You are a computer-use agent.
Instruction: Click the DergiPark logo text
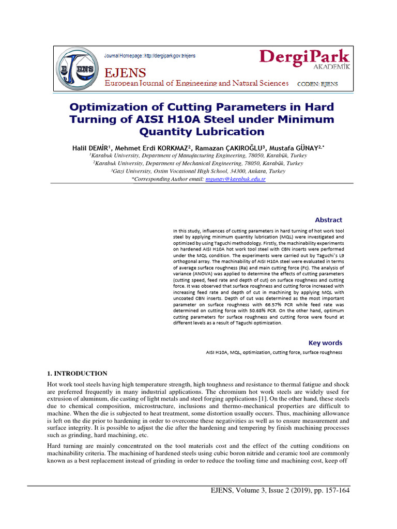click(x=304, y=57)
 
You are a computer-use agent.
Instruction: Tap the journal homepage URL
click(x=150, y=55)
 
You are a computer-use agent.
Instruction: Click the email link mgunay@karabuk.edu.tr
click(x=235, y=179)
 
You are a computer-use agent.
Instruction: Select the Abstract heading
click(x=325, y=220)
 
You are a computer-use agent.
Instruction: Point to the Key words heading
click(x=325, y=343)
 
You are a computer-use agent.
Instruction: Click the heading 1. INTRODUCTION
click(x=77, y=373)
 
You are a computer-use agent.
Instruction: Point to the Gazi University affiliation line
click(x=198, y=171)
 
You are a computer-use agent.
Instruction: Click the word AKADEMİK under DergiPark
click(x=332, y=67)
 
